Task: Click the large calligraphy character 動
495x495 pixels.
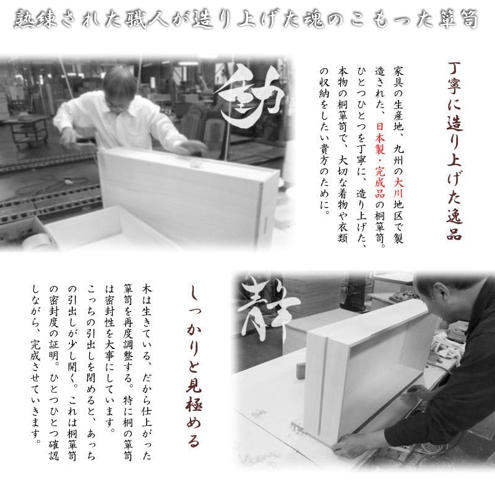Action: click(x=249, y=97)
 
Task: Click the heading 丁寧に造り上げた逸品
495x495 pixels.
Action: click(x=454, y=151)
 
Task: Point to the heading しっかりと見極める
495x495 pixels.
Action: click(x=194, y=368)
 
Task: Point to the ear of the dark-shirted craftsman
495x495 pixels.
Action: click(x=441, y=292)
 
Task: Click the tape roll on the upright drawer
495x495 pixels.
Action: click(x=196, y=164)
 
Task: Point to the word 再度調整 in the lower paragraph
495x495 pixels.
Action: click(x=128, y=339)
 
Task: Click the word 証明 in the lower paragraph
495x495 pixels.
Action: click(x=54, y=350)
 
